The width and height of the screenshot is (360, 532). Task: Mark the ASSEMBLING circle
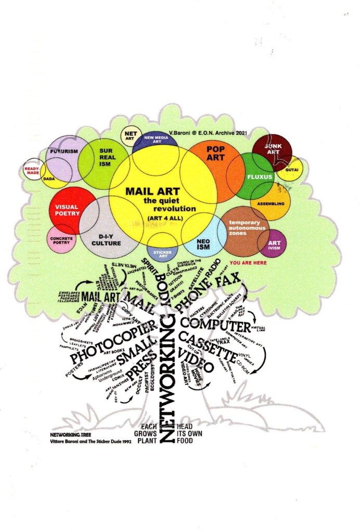click(x=271, y=203)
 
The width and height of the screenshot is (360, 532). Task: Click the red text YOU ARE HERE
click(x=248, y=263)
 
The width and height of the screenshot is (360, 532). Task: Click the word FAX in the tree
click(x=233, y=282)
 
